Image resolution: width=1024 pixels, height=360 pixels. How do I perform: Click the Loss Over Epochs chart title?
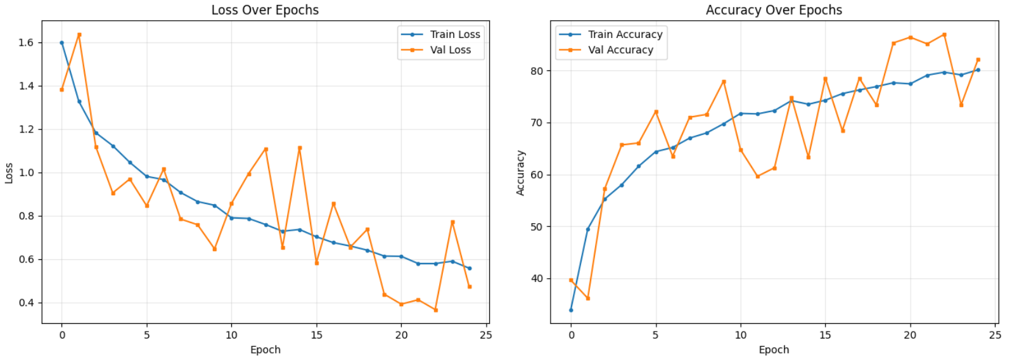click(265, 10)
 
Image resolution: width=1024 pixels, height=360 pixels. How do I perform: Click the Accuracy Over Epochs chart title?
click(774, 10)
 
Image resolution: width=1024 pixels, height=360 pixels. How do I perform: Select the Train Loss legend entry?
click(454, 34)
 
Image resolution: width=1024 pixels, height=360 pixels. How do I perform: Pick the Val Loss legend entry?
click(450, 50)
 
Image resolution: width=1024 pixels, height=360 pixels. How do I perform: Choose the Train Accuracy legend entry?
click(624, 34)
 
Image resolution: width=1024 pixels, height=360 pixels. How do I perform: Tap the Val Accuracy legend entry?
click(620, 50)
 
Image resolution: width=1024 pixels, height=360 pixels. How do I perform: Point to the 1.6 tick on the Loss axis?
click(26, 42)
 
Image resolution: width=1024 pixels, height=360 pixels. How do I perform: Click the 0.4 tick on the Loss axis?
click(26, 302)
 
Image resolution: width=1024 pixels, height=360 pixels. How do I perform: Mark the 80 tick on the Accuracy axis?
click(537, 71)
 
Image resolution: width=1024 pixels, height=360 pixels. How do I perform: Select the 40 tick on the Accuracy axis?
click(537, 278)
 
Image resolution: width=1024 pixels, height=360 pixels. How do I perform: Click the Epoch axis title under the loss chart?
click(265, 350)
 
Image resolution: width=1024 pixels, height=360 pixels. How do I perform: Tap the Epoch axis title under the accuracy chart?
click(774, 350)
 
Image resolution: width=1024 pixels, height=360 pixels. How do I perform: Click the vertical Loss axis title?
click(9, 173)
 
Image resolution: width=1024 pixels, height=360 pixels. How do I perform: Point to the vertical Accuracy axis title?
click(520, 173)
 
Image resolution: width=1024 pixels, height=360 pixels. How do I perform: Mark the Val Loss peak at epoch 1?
click(79, 35)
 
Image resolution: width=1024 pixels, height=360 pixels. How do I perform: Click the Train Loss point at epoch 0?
click(61, 43)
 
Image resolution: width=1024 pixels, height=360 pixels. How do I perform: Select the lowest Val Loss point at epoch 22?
click(435, 310)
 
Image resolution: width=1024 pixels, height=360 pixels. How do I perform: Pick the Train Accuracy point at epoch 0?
click(571, 310)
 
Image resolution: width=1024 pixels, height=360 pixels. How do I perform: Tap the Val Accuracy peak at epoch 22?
click(944, 35)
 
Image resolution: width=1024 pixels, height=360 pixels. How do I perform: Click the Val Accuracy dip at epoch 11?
click(757, 176)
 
